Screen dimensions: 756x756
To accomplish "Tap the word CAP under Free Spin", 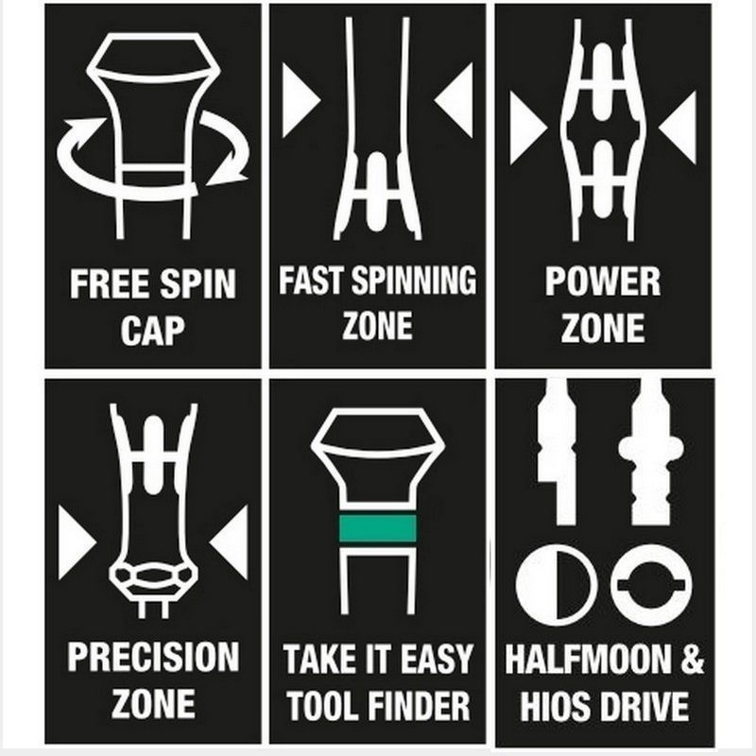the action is click(153, 330).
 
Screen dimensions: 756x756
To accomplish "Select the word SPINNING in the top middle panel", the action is click(413, 280).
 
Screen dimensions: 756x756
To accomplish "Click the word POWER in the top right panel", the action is click(603, 282).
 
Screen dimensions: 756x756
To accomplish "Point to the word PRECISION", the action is click(153, 656).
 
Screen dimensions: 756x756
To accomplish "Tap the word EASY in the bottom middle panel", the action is click(437, 659).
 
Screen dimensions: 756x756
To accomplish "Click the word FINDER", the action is click(417, 705).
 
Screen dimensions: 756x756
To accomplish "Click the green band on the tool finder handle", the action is click(377, 528).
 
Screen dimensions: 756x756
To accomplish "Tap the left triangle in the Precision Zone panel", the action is click(75, 542).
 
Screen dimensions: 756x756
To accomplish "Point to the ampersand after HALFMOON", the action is click(692, 659).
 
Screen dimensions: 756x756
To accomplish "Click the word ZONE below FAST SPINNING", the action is click(377, 325).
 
